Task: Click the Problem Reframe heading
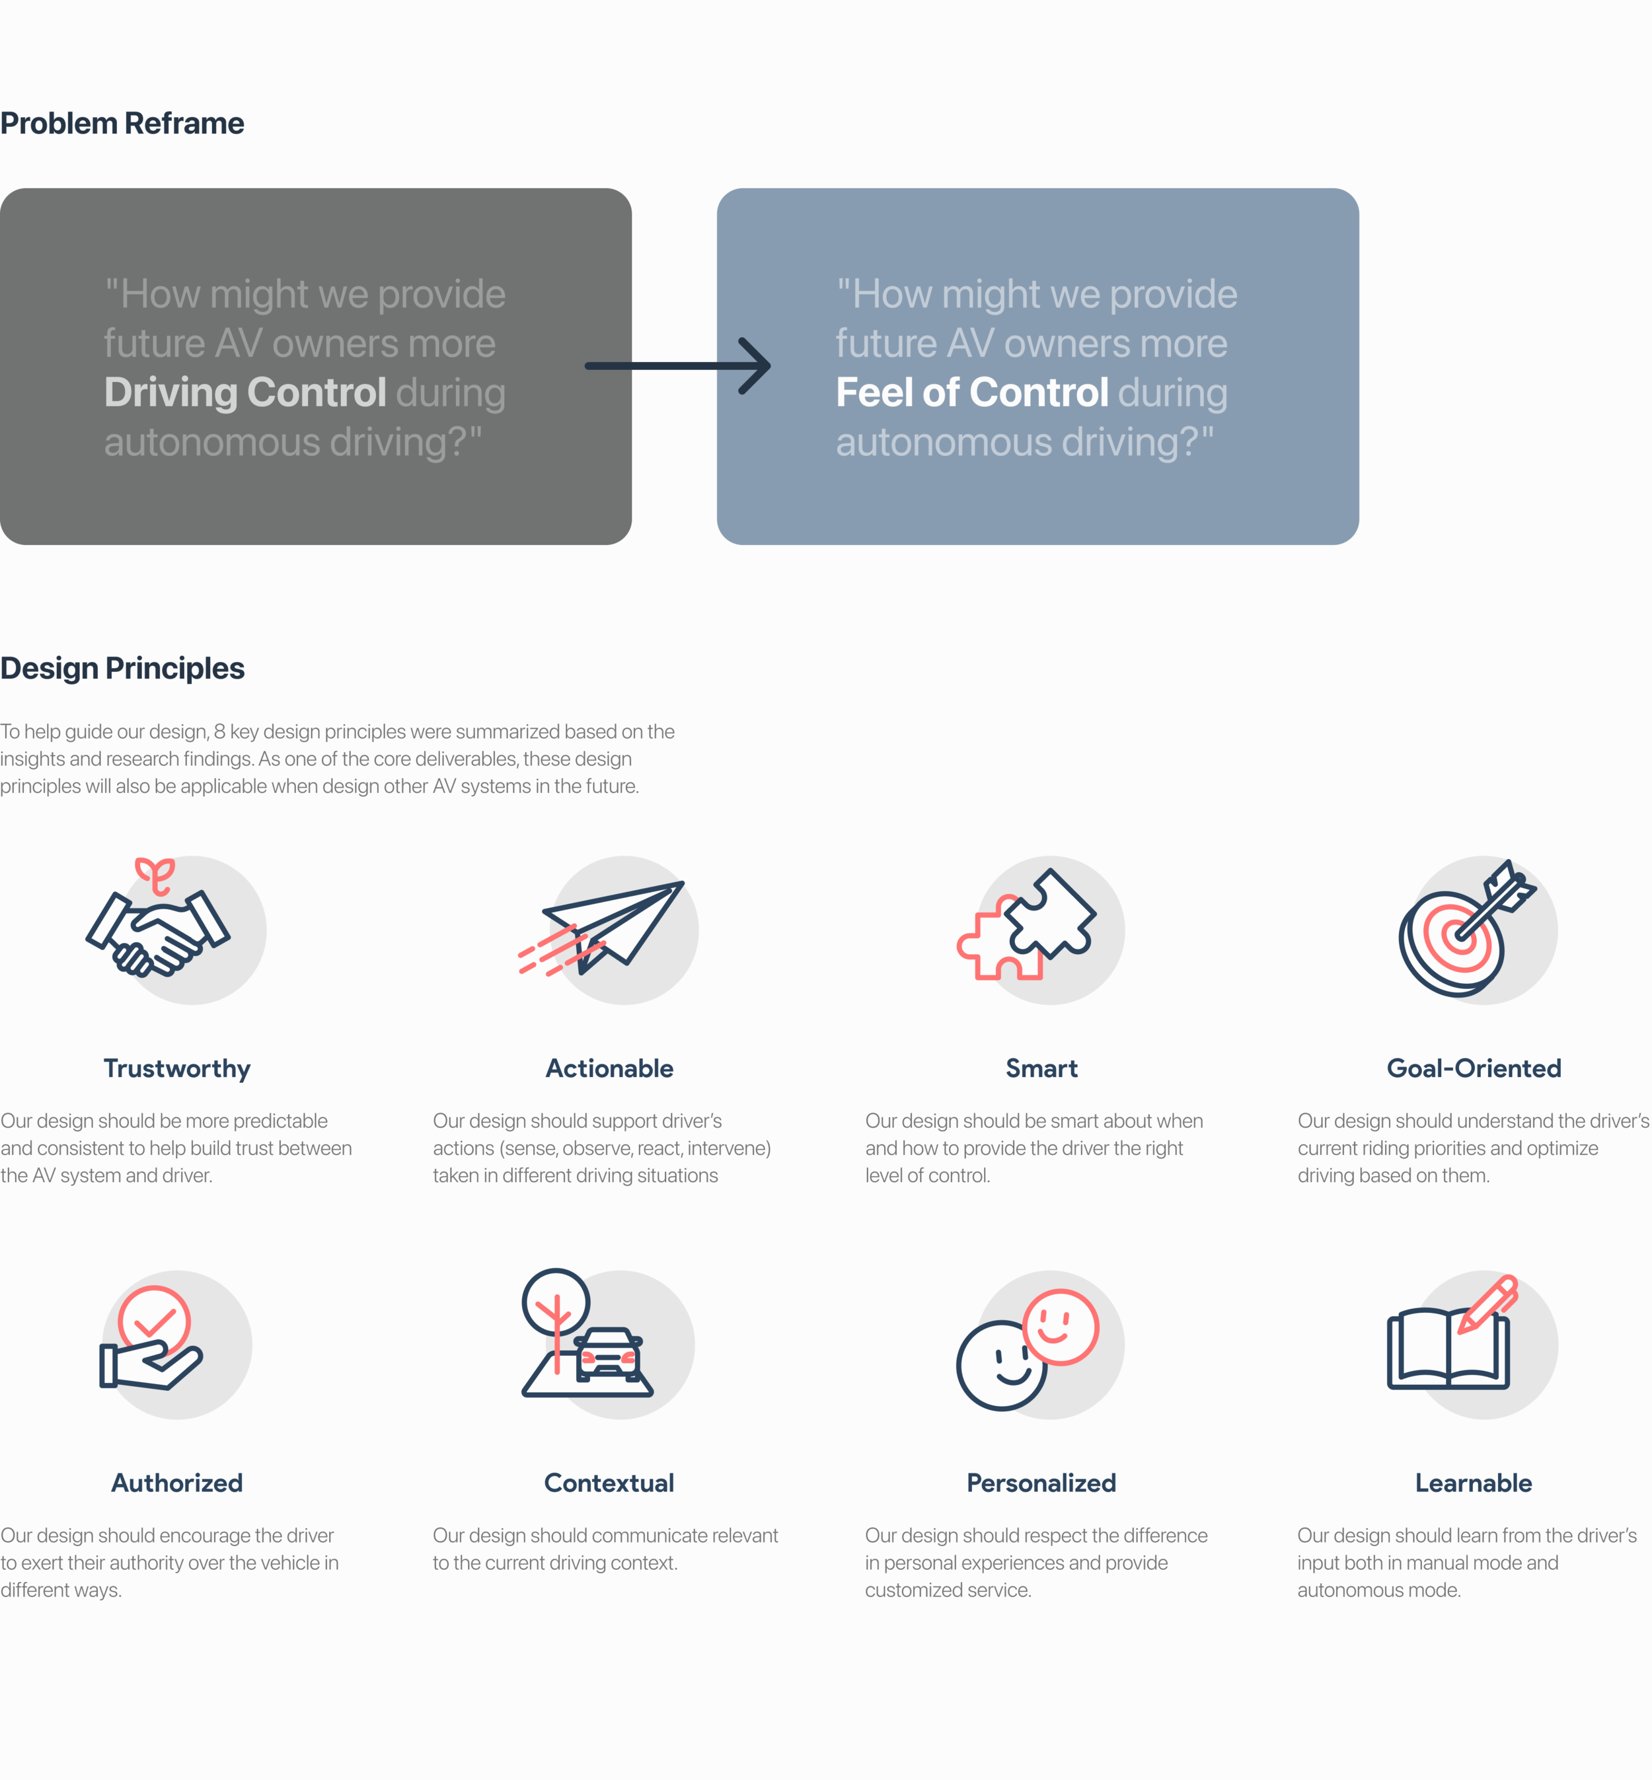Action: [122, 124]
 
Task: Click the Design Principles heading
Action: [122, 668]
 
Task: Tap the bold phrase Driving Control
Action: [245, 392]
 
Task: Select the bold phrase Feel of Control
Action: [972, 392]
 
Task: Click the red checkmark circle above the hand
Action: [154, 1319]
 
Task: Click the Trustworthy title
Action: [177, 1068]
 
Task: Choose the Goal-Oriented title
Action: [1473, 1068]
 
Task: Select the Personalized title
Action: [1041, 1483]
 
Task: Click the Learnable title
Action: [1473, 1483]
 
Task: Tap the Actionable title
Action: [610, 1068]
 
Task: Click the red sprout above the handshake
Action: [155, 874]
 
